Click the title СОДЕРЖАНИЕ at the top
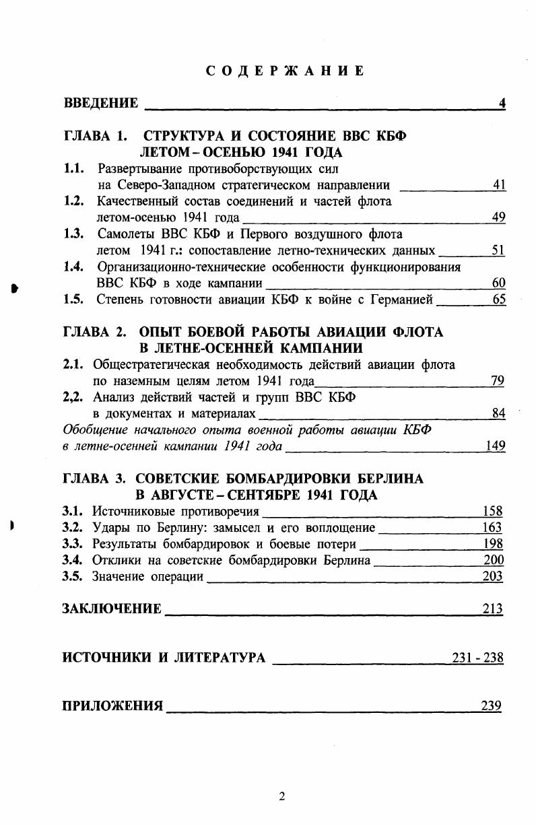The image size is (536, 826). [285, 71]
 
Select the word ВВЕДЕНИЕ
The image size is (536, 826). [101, 103]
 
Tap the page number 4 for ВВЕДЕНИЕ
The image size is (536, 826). [502, 103]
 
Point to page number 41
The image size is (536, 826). [499, 185]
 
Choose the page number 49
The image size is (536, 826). [499, 217]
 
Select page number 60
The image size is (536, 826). [499, 283]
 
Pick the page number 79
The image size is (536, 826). [498, 381]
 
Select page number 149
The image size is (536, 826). [496, 446]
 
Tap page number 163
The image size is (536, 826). [493, 527]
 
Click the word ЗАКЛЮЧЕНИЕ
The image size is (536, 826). [112, 609]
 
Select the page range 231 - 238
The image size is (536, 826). [477, 658]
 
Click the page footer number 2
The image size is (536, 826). [283, 797]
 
